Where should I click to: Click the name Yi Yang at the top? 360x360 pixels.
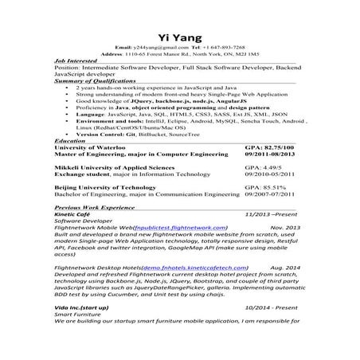coord(180,37)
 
